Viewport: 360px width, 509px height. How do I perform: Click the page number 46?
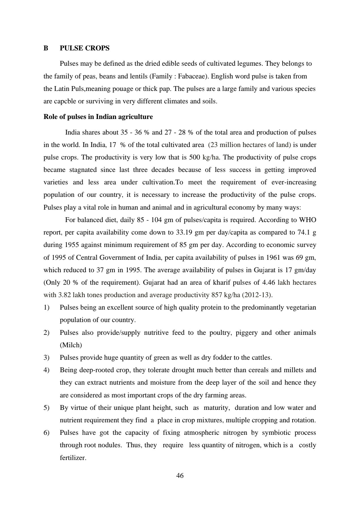(180, 476)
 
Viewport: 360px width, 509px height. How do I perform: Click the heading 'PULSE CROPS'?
(84, 48)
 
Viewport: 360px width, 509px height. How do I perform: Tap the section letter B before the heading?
(46, 48)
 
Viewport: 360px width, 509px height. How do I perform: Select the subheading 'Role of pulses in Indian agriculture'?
(98, 117)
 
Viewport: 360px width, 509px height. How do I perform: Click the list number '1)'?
(46, 307)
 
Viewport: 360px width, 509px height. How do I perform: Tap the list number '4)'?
(46, 370)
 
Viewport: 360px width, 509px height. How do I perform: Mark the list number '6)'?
(46, 433)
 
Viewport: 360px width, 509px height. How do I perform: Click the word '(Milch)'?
(71, 345)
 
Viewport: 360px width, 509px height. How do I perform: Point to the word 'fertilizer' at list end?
(73, 458)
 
